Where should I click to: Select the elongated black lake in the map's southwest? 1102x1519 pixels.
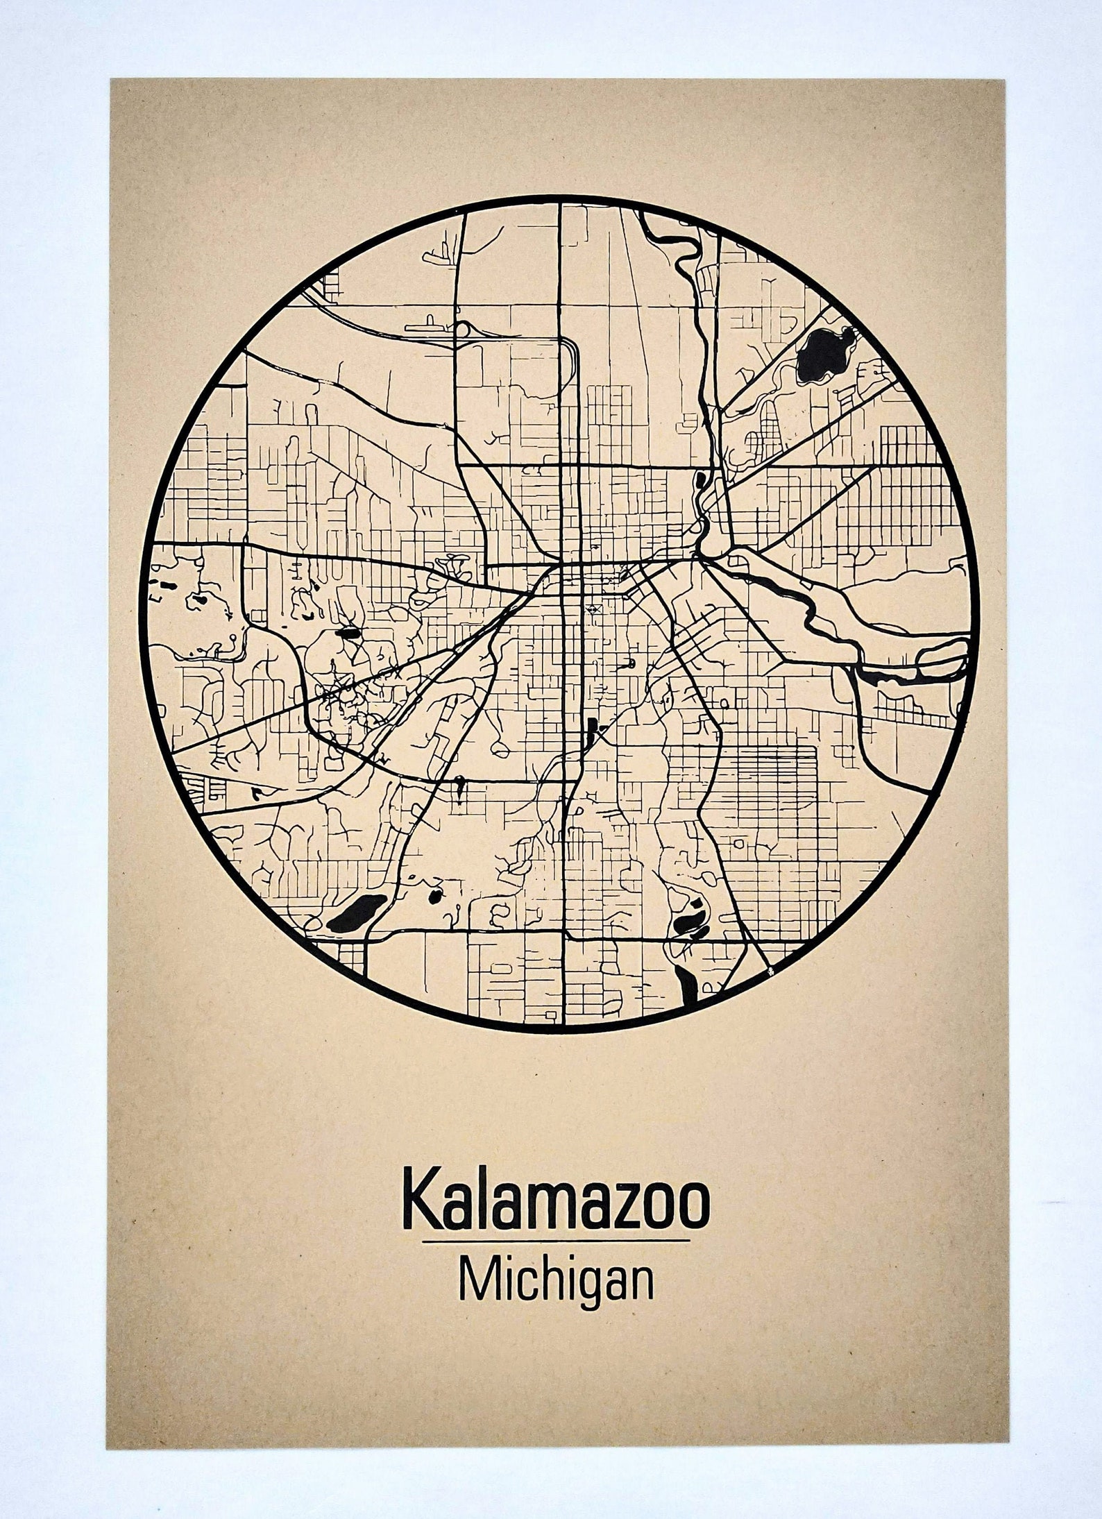click(357, 913)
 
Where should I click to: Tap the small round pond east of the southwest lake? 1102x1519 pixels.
click(435, 896)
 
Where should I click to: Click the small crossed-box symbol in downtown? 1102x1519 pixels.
click(594, 608)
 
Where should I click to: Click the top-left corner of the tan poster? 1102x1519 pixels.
click(112, 79)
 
